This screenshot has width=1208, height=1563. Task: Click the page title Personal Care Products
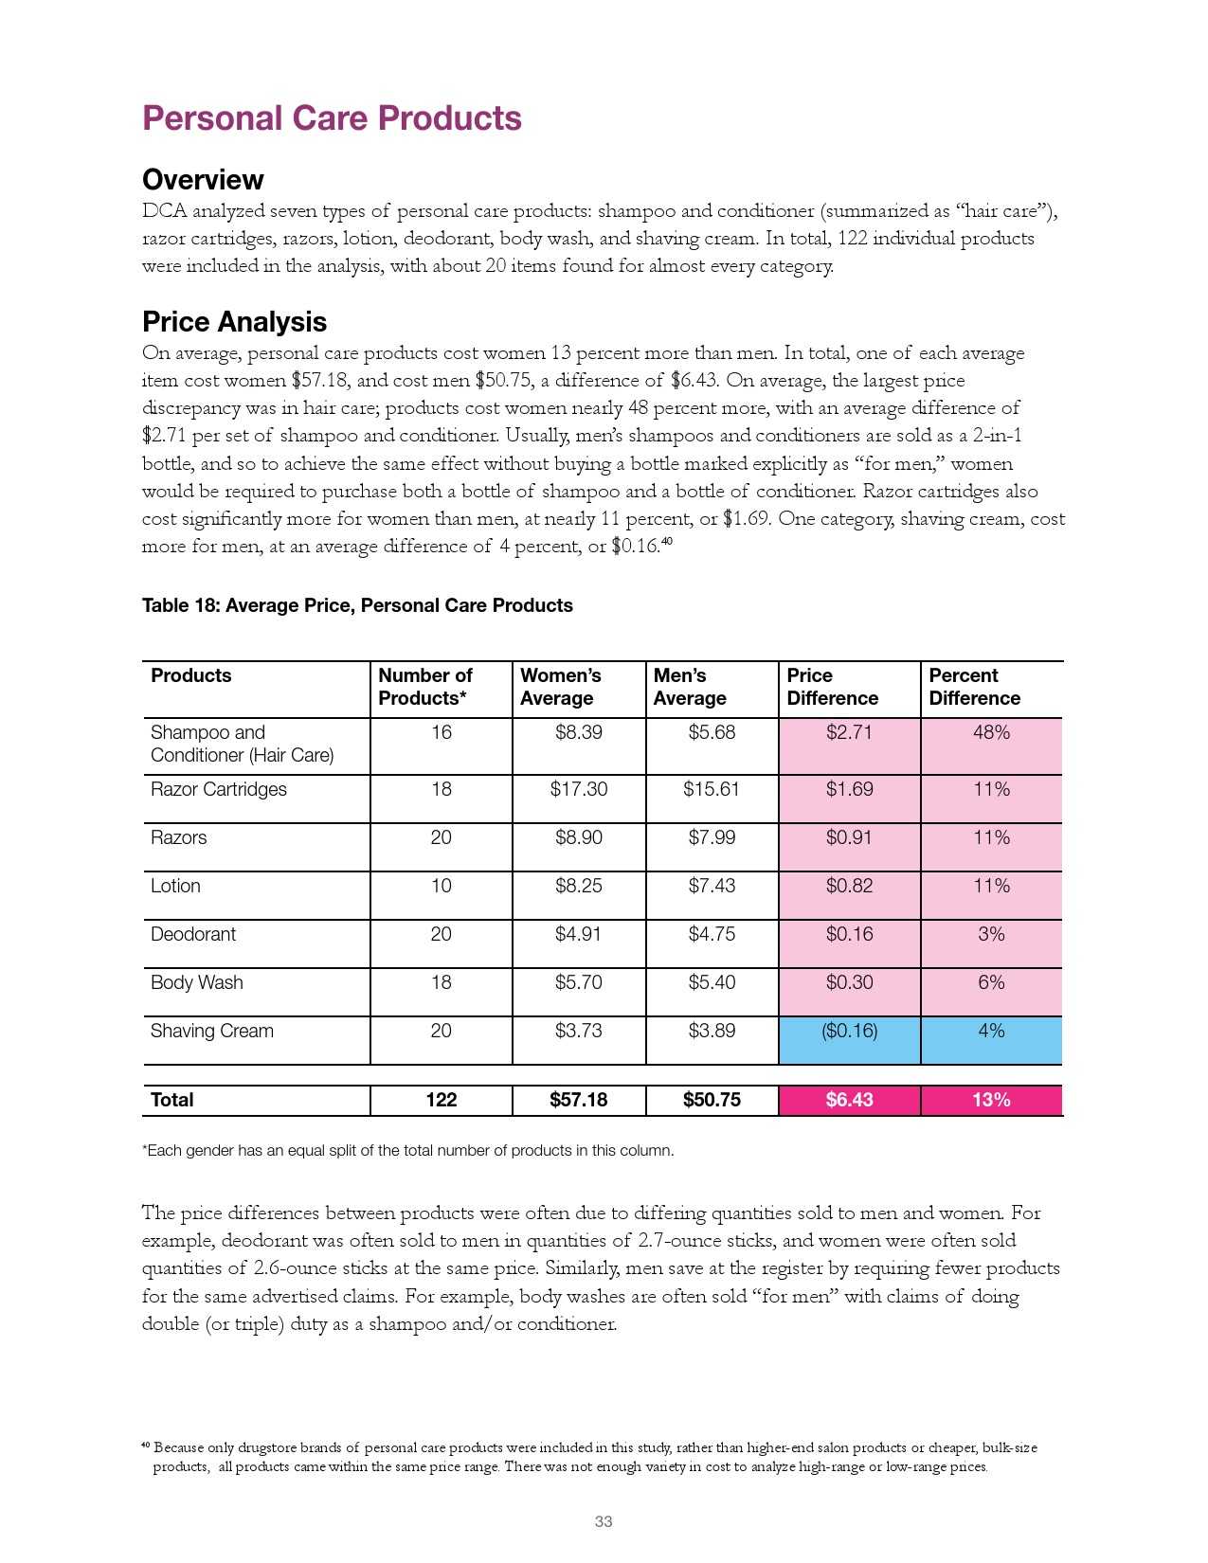(332, 118)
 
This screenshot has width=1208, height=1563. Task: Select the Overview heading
(203, 180)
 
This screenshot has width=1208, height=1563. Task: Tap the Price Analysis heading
(234, 322)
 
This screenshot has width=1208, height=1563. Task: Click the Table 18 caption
(357, 605)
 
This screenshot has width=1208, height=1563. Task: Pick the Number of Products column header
(425, 687)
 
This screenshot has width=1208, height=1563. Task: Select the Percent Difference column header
(974, 687)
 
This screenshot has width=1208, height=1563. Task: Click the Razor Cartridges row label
(219, 790)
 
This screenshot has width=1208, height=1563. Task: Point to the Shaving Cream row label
(212, 1032)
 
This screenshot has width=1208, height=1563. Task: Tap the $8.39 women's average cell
(578, 733)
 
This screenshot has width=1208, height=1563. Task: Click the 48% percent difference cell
(991, 733)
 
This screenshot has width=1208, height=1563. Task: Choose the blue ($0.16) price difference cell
(849, 1032)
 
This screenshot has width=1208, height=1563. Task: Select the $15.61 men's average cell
(712, 790)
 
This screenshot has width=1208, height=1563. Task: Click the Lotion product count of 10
(441, 887)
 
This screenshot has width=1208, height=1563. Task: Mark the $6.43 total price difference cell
(849, 1101)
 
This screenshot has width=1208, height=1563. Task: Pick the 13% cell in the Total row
(991, 1101)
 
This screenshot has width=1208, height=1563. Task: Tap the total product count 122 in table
(441, 1101)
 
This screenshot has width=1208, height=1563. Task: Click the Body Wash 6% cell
(991, 983)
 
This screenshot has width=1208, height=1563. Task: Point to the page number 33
(604, 1522)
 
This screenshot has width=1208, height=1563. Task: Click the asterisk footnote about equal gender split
(408, 1151)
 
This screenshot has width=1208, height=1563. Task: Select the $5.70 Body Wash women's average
(578, 983)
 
